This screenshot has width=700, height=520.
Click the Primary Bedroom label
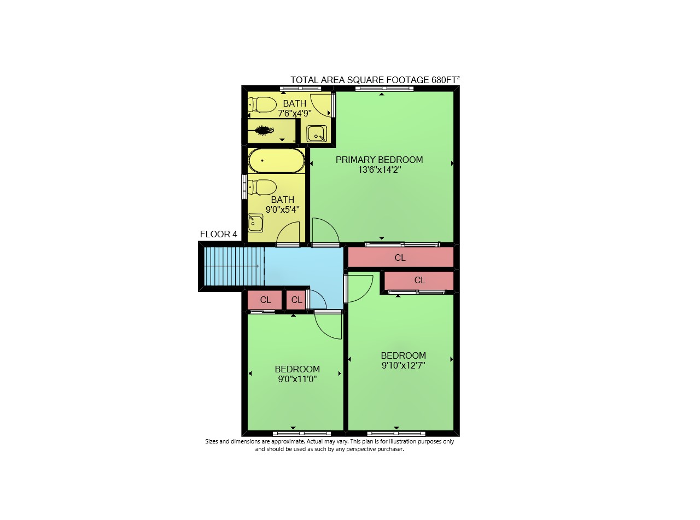coord(379,160)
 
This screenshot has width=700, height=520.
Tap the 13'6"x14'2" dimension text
coord(380,170)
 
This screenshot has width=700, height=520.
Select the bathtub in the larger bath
coord(276,161)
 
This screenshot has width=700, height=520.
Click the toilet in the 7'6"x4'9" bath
coord(261,105)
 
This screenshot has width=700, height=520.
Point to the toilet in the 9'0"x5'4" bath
coord(261,188)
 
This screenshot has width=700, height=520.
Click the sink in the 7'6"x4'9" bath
coord(317,134)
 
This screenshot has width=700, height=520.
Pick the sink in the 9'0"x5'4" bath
coord(255,223)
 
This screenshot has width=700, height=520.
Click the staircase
coord(234,266)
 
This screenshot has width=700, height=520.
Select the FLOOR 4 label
coord(218,234)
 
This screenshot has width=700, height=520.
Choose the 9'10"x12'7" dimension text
coord(404,365)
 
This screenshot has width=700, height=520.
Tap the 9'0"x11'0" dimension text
coord(297,379)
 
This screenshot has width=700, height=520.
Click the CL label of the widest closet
coord(400,258)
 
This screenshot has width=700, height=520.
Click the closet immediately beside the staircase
coord(265,300)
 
